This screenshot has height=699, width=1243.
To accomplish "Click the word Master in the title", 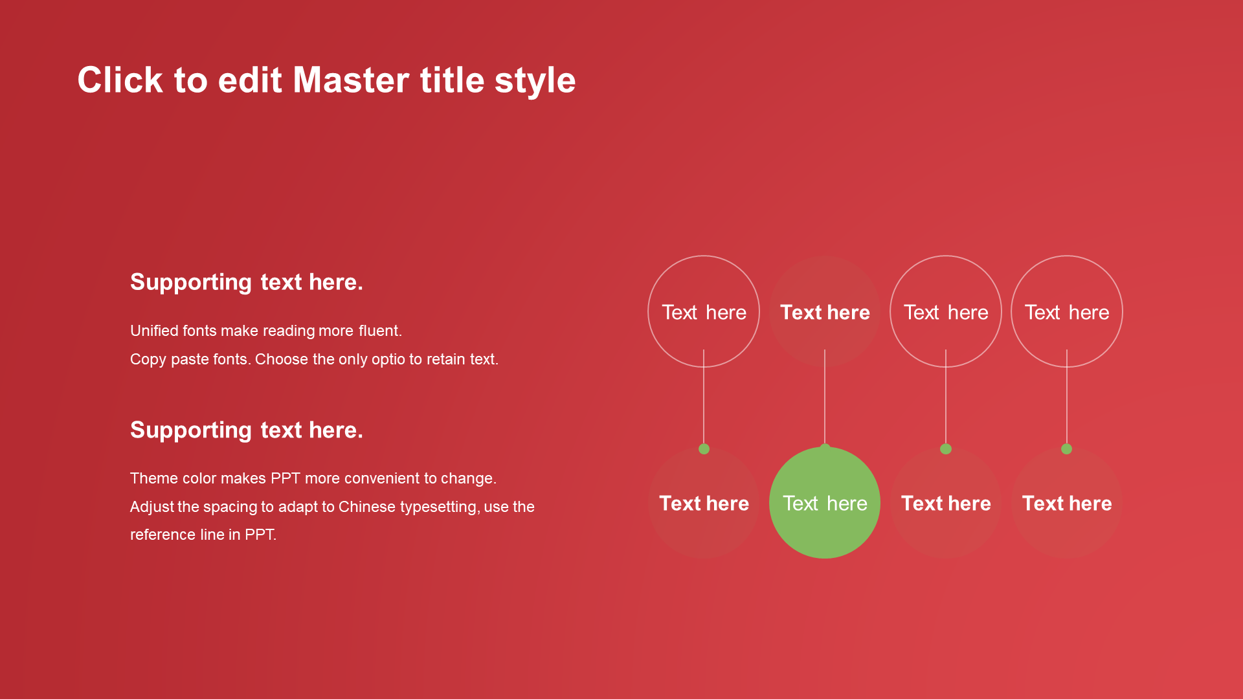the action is coord(351,80).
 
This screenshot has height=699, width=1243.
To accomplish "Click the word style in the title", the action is coord(535,82).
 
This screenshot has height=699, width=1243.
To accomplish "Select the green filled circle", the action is coord(825,503).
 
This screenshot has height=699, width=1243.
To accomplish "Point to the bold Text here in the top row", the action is coord(825,313).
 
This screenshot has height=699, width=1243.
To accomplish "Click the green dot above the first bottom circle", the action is coord(704,449).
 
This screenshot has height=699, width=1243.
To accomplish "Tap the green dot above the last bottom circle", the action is coord(1067,449).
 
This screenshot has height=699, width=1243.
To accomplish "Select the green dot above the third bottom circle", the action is coord(946,449).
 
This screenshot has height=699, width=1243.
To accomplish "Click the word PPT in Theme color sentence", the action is coord(286,478).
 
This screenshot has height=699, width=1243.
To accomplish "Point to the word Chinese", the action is coord(366,507).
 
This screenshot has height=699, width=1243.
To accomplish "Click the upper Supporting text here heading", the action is coord(247,283).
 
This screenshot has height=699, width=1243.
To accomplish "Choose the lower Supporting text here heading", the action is coord(247,431).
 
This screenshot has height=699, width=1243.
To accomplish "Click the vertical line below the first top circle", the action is coord(704,397).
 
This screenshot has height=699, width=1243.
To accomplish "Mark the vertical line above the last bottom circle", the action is coord(1067,397).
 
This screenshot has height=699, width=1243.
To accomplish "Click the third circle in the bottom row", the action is coord(946,503).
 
